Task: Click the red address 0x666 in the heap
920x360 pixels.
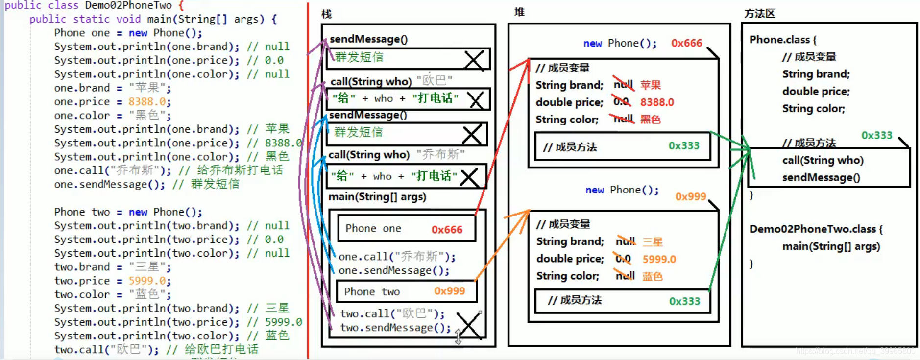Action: point(686,43)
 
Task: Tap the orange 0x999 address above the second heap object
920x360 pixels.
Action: point(690,196)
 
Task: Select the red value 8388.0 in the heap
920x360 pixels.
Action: point(657,102)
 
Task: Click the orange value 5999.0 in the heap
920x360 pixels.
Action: point(659,259)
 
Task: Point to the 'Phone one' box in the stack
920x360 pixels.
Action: point(406,229)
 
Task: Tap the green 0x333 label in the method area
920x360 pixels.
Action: point(876,135)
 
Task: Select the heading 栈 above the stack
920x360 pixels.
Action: point(327,14)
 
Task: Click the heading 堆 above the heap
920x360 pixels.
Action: point(519,12)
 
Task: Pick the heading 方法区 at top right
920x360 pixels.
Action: point(759,14)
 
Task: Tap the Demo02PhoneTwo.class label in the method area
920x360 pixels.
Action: point(813,229)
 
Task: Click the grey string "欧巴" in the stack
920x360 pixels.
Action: point(434,80)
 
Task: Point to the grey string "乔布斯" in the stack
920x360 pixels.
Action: point(440,154)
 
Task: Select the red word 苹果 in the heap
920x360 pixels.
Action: point(650,85)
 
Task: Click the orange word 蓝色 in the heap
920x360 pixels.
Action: point(652,276)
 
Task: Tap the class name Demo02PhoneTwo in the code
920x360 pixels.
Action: point(128,5)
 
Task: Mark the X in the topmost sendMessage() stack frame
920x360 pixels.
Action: point(474,60)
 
